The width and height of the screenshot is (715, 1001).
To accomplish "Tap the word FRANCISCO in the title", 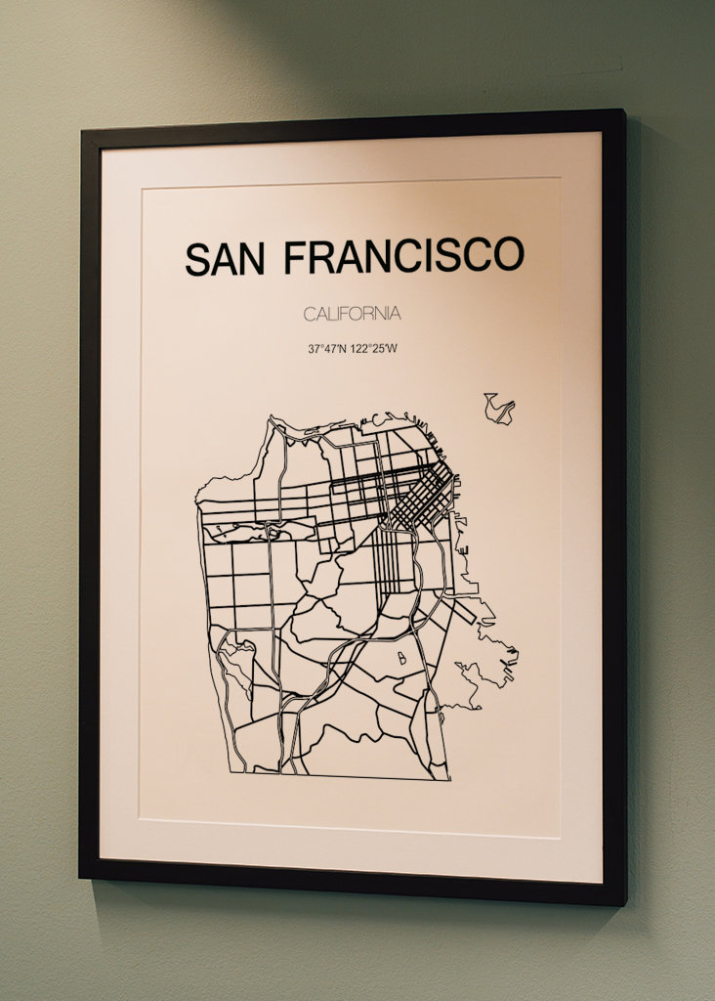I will point(403,256).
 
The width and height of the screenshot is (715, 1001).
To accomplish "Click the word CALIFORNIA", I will point(352,314).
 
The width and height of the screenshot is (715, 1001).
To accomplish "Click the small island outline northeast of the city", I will point(499,408).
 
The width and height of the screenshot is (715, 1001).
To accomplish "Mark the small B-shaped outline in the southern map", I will point(400,659).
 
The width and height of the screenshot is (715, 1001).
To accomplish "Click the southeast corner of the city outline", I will point(448,779).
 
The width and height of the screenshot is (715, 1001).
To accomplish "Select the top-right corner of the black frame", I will point(622,111).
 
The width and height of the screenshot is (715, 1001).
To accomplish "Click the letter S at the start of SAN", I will point(196,259).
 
